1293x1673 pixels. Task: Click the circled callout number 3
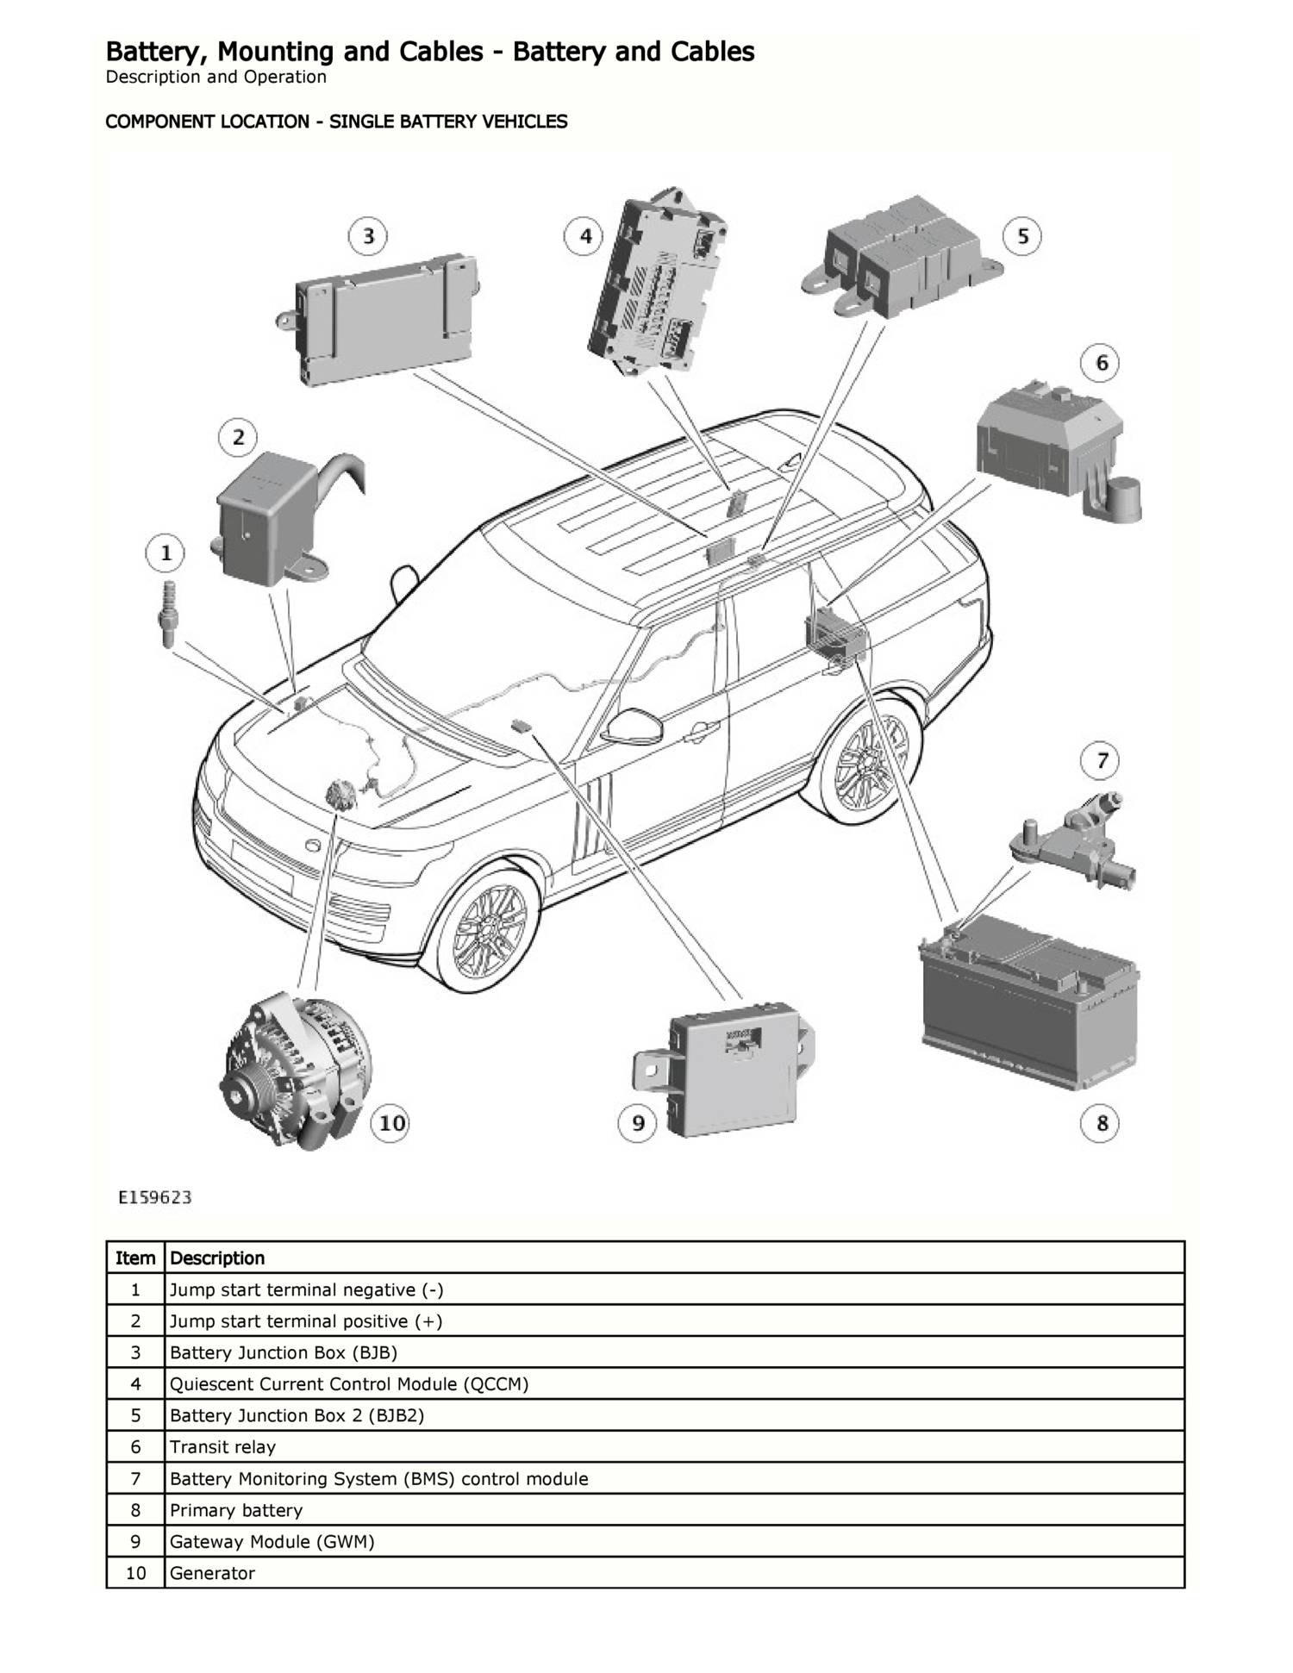point(368,236)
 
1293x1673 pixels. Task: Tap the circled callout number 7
point(1102,760)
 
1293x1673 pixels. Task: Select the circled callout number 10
point(391,1123)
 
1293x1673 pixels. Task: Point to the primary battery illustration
point(1028,1000)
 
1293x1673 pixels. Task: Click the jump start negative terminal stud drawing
point(167,614)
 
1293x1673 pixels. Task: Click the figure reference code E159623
point(155,1197)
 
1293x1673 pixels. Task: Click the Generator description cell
point(212,1573)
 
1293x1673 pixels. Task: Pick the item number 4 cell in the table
point(135,1384)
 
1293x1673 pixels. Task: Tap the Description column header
point(217,1258)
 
